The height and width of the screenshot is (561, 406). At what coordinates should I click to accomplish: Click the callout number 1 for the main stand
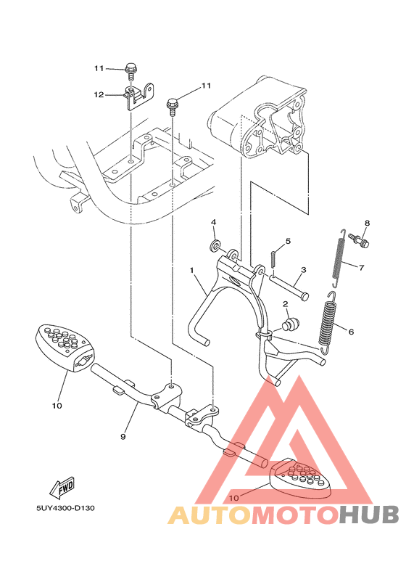point(192,270)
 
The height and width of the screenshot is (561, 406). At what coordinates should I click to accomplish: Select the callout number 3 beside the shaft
point(303,269)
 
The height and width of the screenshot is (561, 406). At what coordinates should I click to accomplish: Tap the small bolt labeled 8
point(360,239)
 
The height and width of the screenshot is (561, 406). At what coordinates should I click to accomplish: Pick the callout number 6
point(350,332)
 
